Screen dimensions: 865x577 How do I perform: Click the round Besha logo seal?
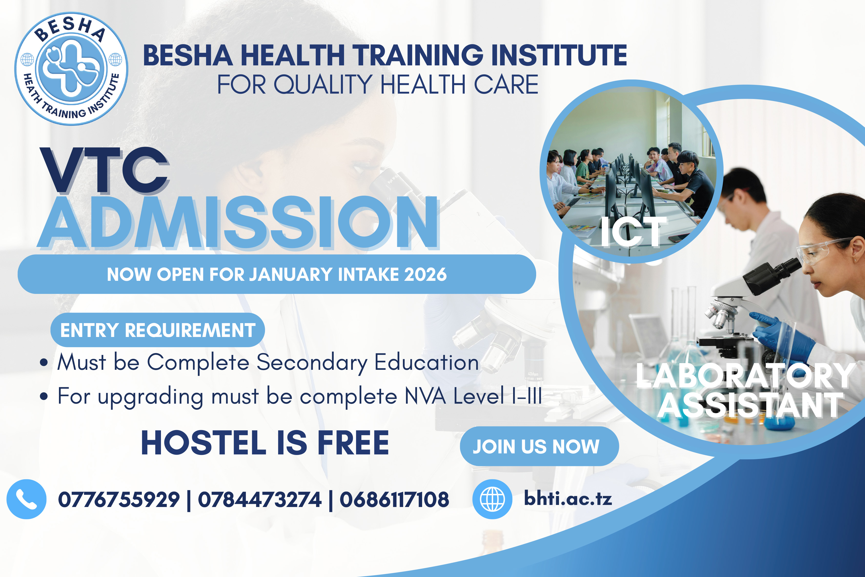point(71,69)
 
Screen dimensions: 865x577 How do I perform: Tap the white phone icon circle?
point(26,499)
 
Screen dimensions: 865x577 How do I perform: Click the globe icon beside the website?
point(492,499)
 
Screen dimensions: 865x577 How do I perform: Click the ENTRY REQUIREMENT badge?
point(157,330)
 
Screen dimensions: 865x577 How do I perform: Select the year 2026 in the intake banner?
point(425,274)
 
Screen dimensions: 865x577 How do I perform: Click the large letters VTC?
point(105,170)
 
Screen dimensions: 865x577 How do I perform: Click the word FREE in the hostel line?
point(353,443)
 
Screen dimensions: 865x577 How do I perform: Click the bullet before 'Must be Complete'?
point(44,362)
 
